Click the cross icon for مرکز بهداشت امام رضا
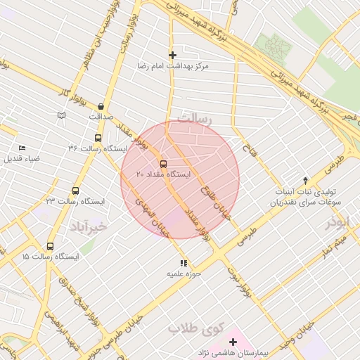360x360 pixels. tap(172, 55)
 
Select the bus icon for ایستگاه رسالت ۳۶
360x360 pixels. tap(98, 138)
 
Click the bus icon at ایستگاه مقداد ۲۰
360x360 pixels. tap(164, 163)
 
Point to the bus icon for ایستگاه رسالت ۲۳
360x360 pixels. tap(75, 191)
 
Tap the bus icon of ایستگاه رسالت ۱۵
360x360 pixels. tap(50, 246)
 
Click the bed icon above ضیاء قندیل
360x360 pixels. tap(22, 148)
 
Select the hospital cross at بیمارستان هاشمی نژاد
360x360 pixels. tap(233, 342)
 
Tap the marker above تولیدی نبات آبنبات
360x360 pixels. tap(304, 181)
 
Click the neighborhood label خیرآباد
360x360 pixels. tap(88, 226)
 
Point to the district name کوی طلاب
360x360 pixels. tap(195, 328)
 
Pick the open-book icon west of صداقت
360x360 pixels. tap(61, 114)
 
